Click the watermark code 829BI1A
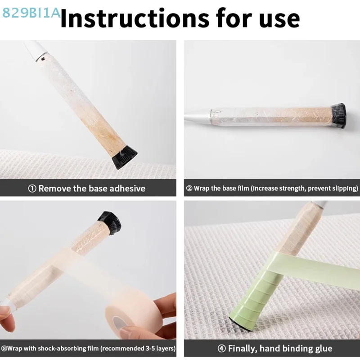coord(31,13)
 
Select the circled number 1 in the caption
coord(32,189)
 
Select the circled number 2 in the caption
coord(189,189)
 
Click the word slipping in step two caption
coord(343,189)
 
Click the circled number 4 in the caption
coord(221,348)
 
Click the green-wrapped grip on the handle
coord(252,292)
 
